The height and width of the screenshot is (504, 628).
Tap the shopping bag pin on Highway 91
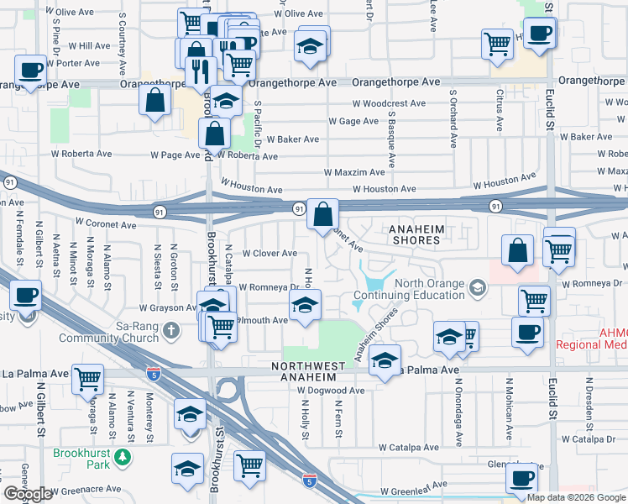[x=322, y=215]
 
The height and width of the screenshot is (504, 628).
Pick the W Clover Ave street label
[x=270, y=253]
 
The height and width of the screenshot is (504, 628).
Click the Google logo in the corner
[x=28, y=495]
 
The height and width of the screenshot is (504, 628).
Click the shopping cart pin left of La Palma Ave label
[x=87, y=380]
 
